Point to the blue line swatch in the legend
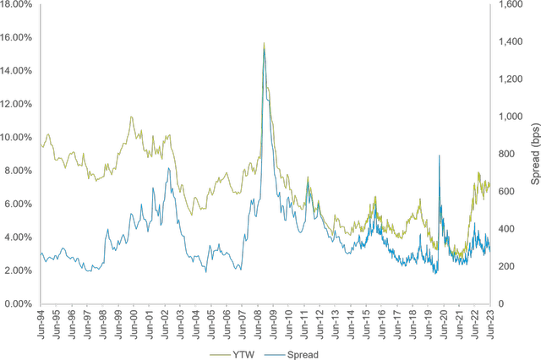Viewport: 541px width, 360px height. [x=272, y=354]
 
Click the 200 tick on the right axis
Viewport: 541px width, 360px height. [x=505, y=265]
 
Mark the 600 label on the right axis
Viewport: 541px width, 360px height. [x=505, y=191]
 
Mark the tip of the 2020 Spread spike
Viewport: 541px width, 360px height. [x=439, y=155]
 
